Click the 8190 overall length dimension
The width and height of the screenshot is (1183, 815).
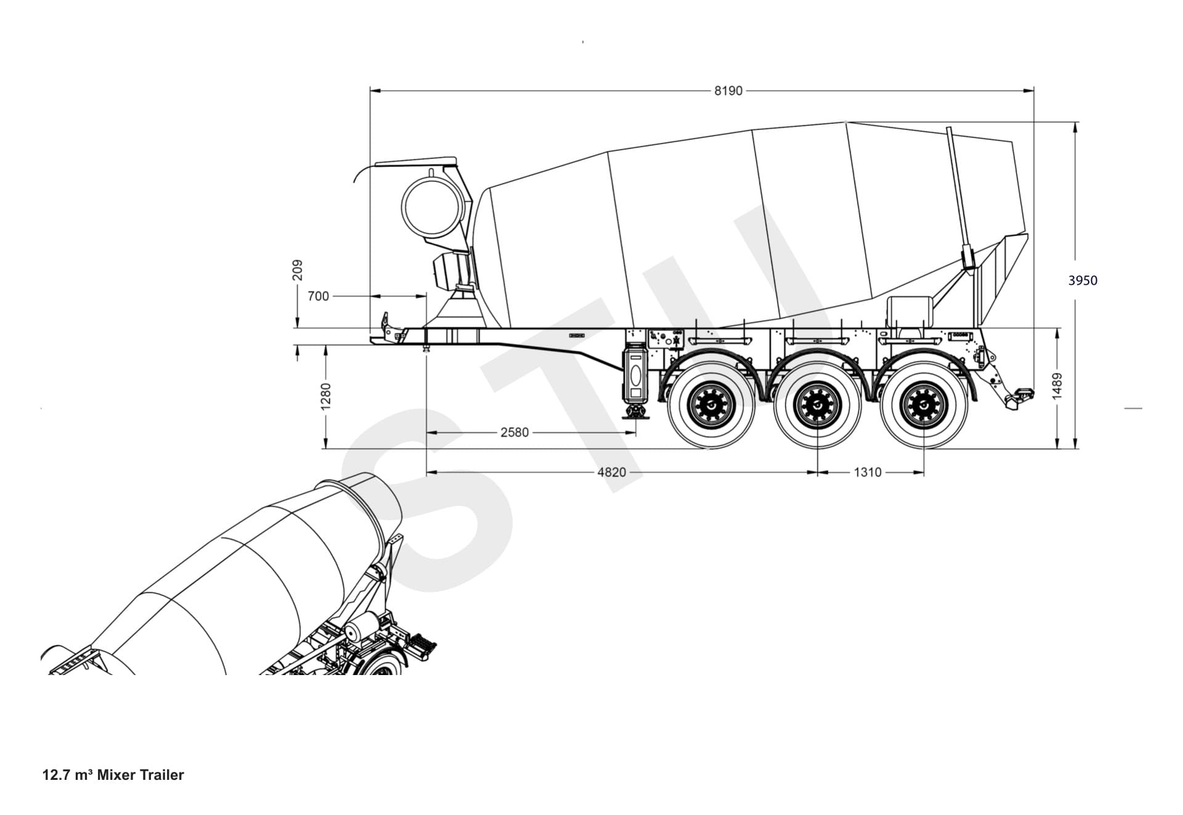(x=728, y=91)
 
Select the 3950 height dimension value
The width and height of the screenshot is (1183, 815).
(x=1083, y=281)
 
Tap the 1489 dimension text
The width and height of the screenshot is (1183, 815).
(x=1057, y=386)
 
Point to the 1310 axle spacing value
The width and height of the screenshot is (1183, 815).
(x=867, y=472)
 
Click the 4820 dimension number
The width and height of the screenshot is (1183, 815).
(x=611, y=472)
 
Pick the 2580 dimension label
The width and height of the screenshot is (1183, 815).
(x=514, y=433)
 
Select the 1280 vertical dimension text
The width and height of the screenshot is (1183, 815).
(x=327, y=395)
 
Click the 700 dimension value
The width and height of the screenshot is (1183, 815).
(x=318, y=297)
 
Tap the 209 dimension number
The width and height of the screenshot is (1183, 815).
(x=298, y=270)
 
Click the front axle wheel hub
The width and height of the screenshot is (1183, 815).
(x=712, y=405)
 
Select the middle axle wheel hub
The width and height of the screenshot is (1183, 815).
(x=816, y=405)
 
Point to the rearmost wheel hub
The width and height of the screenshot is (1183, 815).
(x=922, y=405)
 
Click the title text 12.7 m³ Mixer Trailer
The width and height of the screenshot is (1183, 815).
(x=113, y=775)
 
